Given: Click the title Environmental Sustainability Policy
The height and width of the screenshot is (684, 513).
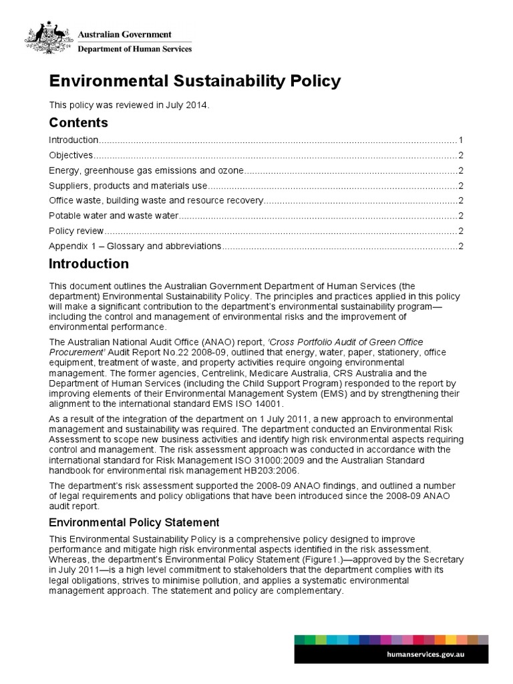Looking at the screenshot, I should tap(195, 81).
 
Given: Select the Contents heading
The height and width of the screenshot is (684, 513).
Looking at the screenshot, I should tap(78, 122).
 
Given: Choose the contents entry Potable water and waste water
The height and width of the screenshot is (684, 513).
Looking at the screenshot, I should tap(114, 216).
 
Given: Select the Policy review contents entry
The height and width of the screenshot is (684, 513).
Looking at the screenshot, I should tap(76, 231).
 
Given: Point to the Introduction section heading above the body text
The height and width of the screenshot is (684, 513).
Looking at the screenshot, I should tap(89, 264).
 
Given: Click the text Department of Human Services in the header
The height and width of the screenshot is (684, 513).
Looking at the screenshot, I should tap(136, 48).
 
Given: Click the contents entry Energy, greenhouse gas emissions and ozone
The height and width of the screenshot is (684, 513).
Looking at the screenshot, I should tap(147, 170).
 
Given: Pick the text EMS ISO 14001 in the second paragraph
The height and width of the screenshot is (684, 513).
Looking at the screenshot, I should tap(247, 403).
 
